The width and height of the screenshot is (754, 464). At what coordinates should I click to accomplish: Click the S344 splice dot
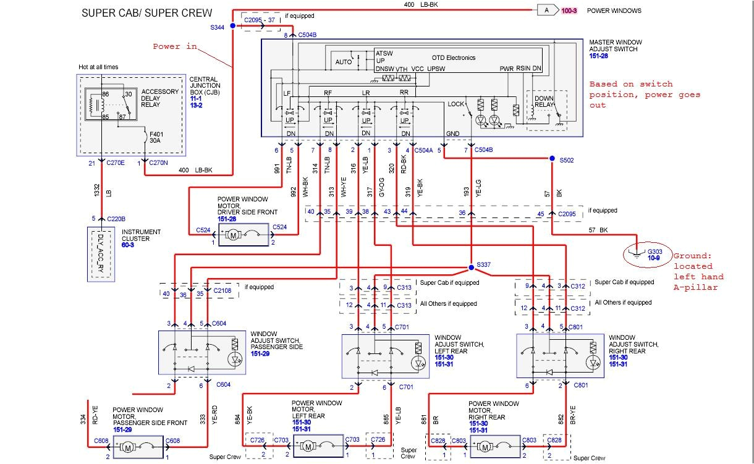(x=233, y=26)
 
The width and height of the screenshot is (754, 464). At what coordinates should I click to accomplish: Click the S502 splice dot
(x=552, y=159)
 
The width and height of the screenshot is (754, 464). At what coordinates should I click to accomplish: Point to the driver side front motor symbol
(x=234, y=235)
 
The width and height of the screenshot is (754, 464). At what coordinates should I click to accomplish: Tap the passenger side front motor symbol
(x=129, y=446)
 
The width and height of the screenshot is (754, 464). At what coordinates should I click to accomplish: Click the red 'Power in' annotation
(x=175, y=46)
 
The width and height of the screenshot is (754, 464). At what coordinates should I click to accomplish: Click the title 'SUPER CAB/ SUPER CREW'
(x=146, y=13)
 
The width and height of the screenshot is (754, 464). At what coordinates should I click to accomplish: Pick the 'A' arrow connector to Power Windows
(x=546, y=10)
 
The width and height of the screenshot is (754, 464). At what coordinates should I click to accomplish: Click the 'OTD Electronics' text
(x=453, y=57)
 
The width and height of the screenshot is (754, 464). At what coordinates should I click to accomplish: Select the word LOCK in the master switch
(x=455, y=104)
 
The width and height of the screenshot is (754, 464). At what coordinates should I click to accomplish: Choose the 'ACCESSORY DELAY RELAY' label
(x=159, y=98)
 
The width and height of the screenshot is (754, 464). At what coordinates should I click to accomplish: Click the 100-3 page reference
(x=569, y=11)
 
